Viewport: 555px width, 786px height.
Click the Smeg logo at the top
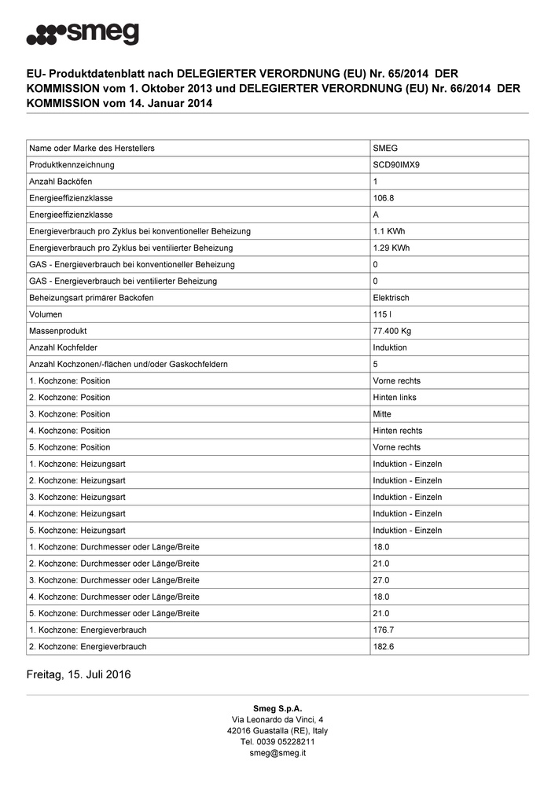coord(83,35)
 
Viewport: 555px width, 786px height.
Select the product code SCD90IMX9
coord(396,165)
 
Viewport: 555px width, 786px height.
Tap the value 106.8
coord(384,198)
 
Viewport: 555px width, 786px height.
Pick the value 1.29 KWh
coord(391,248)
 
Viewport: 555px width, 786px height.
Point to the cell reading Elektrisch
coord(391,298)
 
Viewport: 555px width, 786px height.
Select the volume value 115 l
coord(383,314)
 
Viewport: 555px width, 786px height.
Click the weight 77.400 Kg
coord(393,331)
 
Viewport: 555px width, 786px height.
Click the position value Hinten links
coord(395,398)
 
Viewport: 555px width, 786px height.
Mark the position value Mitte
coord(382,414)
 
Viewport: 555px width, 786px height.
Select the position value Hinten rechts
coord(397,431)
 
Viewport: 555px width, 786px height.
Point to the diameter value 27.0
coord(381,580)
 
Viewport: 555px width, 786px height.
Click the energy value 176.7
coord(384,630)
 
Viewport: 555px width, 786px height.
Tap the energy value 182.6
coord(384,647)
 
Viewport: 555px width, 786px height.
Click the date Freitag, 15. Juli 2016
coord(79,674)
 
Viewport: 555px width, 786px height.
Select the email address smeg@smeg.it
coord(277,753)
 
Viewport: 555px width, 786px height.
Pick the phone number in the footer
coord(277,742)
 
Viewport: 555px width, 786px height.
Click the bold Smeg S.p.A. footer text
coord(277,709)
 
